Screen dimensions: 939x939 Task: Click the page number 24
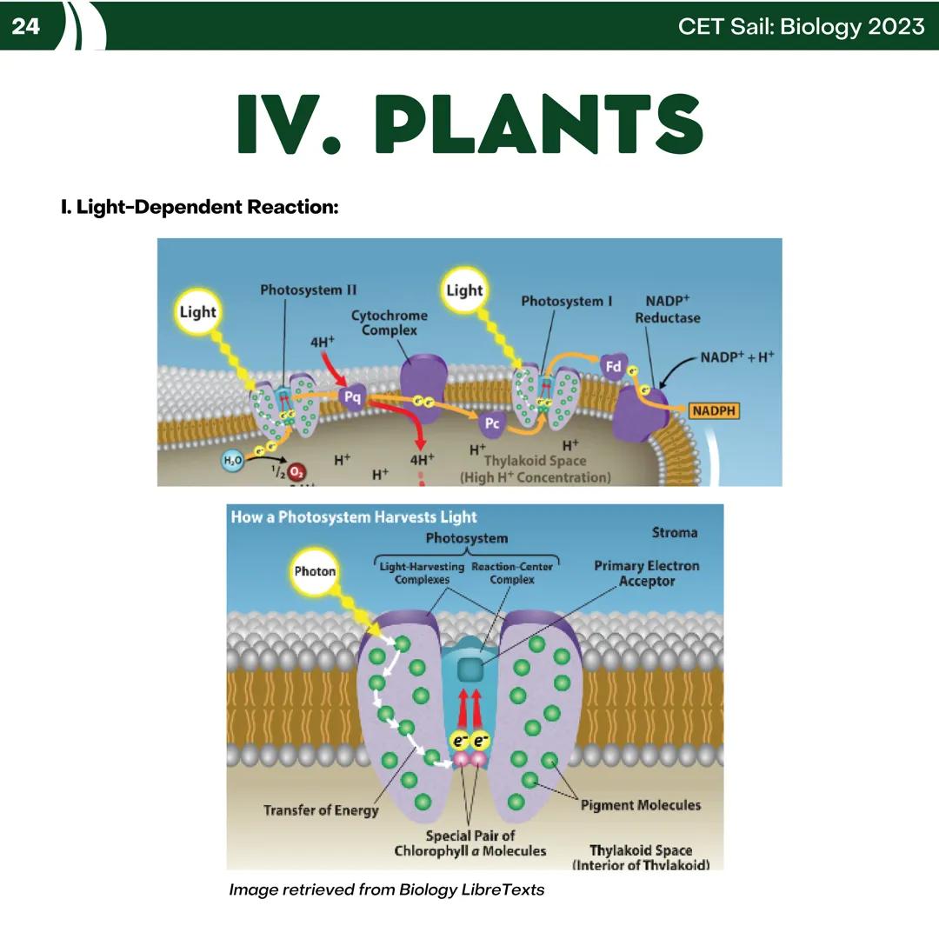tap(26, 26)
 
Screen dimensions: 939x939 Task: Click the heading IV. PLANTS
tap(469, 125)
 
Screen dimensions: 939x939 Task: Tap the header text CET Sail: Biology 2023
tap(801, 26)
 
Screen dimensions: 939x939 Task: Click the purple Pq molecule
tap(352, 397)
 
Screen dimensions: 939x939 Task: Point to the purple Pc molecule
tap(492, 423)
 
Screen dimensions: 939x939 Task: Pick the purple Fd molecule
tap(614, 366)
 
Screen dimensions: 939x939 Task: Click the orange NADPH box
tap(714, 410)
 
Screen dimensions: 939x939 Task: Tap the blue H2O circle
tap(232, 461)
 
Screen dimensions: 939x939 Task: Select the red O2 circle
tap(297, 472)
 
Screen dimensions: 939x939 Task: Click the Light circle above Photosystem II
tap(197, 312)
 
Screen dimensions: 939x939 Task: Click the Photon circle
tap(315, 571)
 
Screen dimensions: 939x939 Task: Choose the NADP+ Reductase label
tap(667, 309)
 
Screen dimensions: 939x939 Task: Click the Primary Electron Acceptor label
tap(646, 573)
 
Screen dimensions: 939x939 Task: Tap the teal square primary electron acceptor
tap(471, 669)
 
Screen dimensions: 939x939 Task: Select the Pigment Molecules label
tap(640, 805)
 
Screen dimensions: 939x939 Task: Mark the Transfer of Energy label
tap(321, 810)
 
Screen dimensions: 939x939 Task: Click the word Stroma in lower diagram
tap(674, 532)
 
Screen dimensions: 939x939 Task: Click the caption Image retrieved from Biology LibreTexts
tap(386, 889)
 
